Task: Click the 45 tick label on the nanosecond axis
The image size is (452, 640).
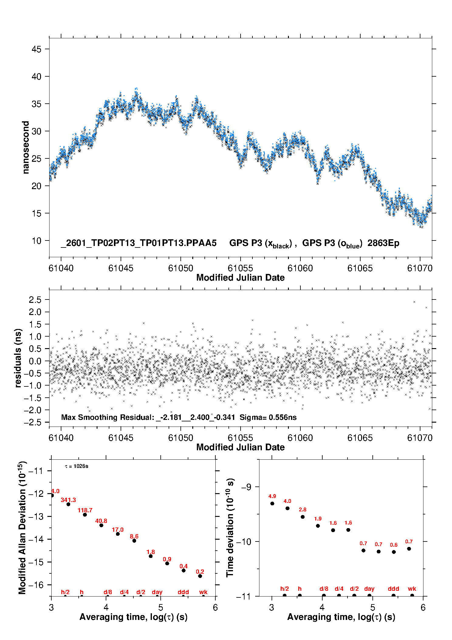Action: tap(36, 49)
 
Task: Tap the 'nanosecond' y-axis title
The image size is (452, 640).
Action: tap(26, 147)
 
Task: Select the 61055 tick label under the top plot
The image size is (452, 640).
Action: tap(240, 268)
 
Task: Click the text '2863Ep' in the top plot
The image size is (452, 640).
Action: tap(383, 243)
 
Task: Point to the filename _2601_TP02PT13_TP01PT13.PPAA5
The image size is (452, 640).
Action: tap(139, 243)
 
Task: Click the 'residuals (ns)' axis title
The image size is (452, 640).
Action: tap(18, 358)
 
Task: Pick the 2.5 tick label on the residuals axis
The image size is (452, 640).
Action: tap(35, 300)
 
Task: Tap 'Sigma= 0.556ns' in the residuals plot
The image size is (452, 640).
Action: tap(268, 417)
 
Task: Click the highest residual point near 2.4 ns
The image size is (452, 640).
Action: tap(414, 302)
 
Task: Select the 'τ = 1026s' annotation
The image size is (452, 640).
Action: tap(77, 466)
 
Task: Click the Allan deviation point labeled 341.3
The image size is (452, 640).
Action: tap(68, 504)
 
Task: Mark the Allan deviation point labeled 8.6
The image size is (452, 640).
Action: tap(134, 541)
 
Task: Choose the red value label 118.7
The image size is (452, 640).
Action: tap(85, 510)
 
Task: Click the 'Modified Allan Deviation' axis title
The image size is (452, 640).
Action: tap(22, 528)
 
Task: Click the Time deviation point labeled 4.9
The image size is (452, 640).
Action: tap(272, 503)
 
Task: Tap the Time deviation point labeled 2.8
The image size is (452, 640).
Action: tap(303, 517)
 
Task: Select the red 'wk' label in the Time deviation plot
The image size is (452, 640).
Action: tap(412, 589)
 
